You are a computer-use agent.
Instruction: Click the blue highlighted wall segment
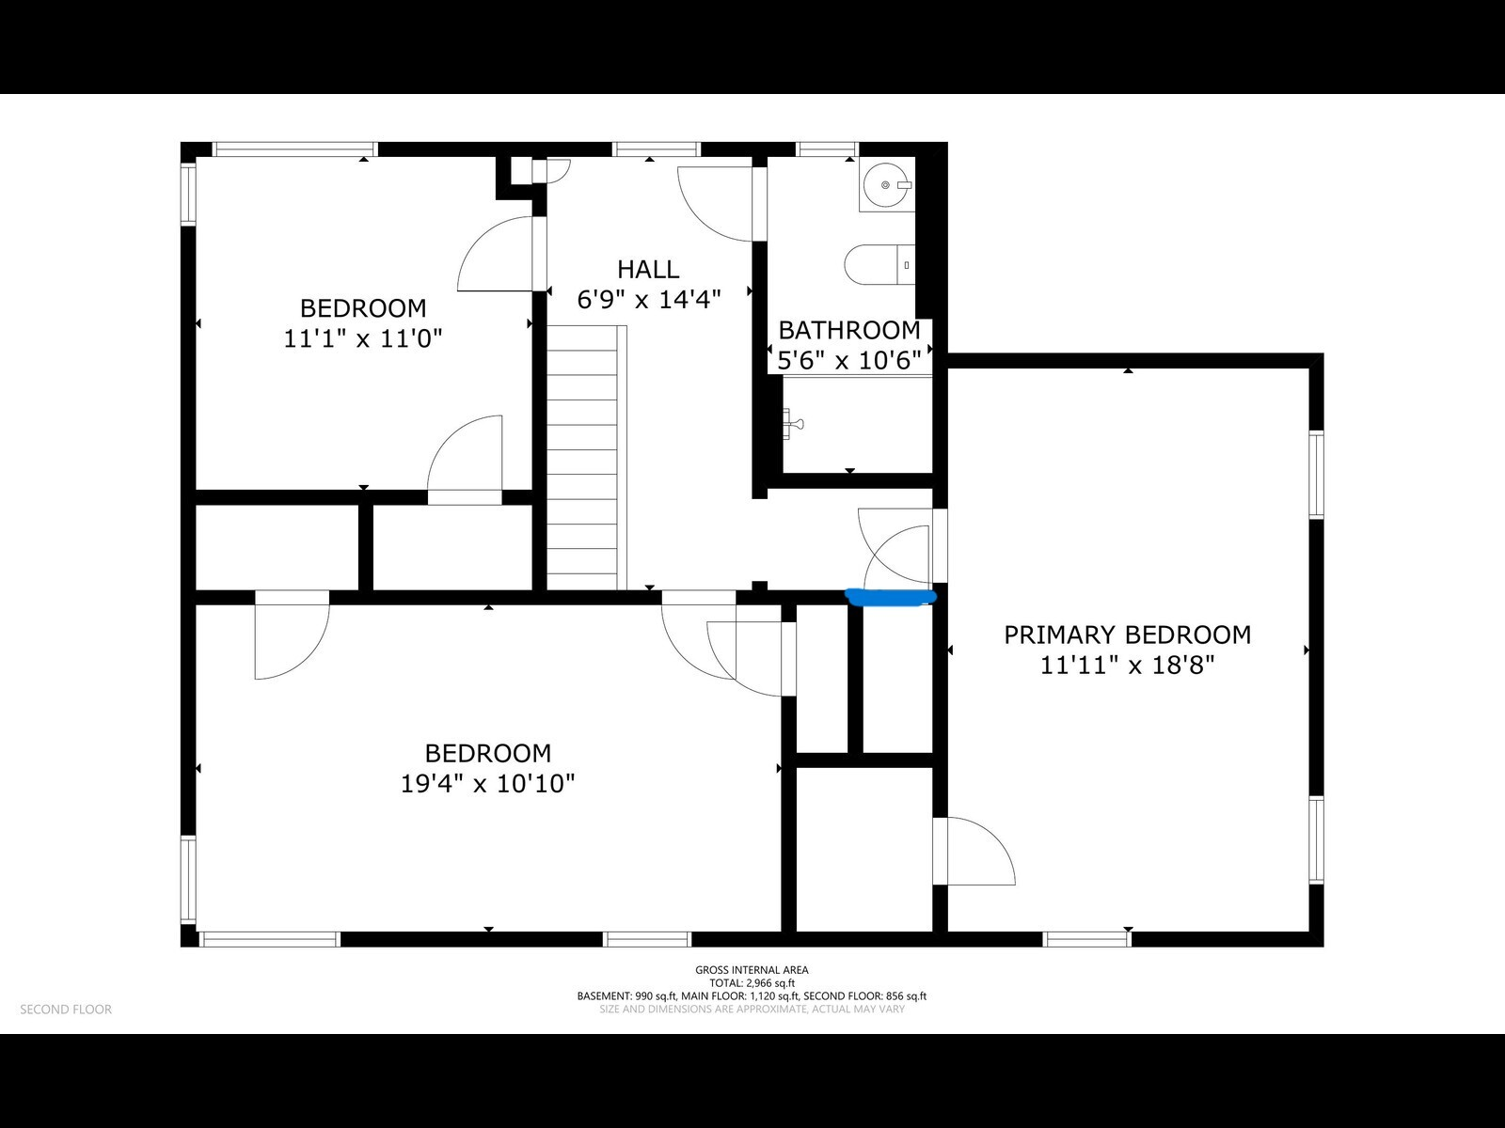pos(891,595)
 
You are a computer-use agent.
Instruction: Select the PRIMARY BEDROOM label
pos(1127,634)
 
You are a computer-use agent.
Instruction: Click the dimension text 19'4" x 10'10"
pos(487,783)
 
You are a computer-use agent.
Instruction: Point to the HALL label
pos(648,270)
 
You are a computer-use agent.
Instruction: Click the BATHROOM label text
pos(848,330)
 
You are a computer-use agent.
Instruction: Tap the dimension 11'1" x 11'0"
pos(362,338)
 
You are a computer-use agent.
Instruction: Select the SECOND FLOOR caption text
pos(66,1010)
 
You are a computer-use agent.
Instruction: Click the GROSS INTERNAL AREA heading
pos(752,970)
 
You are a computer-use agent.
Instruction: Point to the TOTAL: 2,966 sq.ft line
pos(752,983)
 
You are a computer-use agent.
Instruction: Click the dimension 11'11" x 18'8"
pos(1127,666)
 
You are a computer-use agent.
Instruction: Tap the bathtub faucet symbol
pos(794,424)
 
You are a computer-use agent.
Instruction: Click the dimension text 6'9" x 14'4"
pos(648,300)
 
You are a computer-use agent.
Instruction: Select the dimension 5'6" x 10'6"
pos(848,360)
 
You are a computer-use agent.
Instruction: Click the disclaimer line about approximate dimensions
pos(752,1009)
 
